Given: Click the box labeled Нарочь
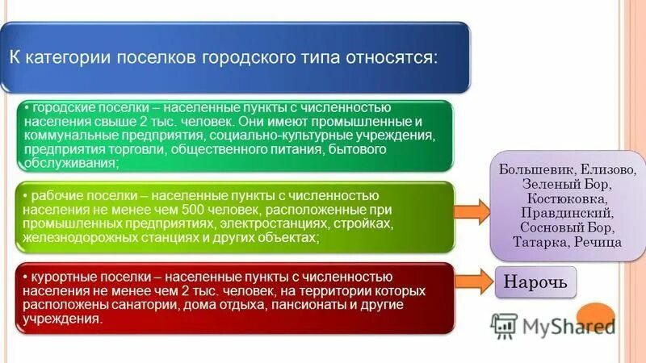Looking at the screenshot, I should [x=536, y=282].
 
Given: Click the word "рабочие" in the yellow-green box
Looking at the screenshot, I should [x=53, y=196].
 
